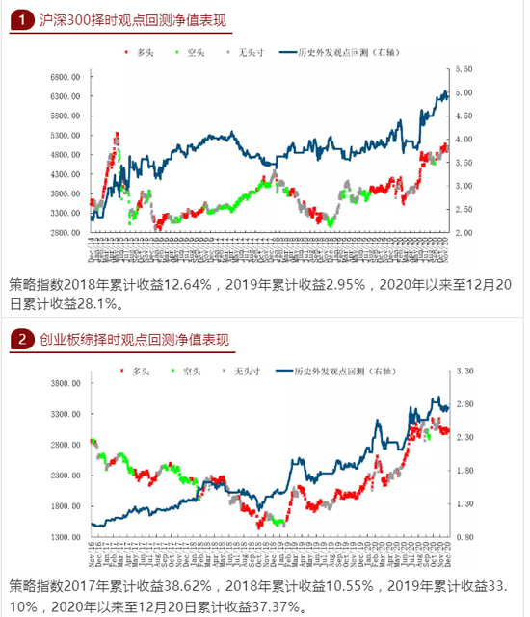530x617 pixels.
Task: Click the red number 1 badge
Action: (22, 20)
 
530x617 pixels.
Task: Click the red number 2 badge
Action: (22, 339)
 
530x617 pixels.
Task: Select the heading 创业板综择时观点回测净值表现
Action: (135, 339)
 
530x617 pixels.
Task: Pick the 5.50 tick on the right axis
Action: (464, 69)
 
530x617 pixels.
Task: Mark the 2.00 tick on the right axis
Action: (464, 233)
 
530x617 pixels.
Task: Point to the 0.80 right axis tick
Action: (464, 536)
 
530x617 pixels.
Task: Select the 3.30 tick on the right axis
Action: (464, 371)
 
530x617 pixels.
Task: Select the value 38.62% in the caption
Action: (194, 584)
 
